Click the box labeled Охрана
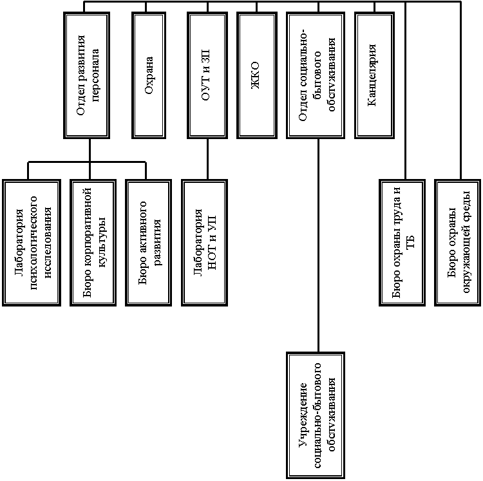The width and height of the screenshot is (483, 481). pyautogui.click(x=149, y=75)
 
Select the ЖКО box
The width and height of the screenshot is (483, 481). pyautogui.click(x=257, y=75)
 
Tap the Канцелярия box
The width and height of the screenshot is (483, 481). pyautogui.click(x=374, y=75)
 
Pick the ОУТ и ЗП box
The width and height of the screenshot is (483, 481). pyautogui.click(x=207, y=75)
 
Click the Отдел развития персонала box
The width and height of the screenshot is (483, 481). pyautogui.click(x=86, y=75)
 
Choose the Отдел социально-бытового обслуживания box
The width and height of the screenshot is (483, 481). pyautogui.click(x=316, y=75)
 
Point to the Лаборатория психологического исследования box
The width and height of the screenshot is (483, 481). pyautogui.click(x=32, y=243)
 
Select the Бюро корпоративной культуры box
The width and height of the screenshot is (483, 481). pyautogui.click(x=93, y=243)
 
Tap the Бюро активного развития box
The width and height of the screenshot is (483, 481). pyautogui.click(x=149, y=243)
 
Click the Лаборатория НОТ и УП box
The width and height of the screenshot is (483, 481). pyautogui.click(x=205, y=243)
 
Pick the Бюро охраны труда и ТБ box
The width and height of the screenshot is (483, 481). pyautogui.click(x=402, y=243)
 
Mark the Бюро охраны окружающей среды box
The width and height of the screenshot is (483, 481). pyautogui.click(x=458, y=243)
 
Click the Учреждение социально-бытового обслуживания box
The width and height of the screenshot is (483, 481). pyautogui.click(x=316, y=415)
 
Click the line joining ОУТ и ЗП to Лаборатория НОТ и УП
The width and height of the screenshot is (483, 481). pyautogui.click(x=207, y=159)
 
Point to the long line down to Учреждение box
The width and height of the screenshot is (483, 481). pyautogui.click(x=319, y=245)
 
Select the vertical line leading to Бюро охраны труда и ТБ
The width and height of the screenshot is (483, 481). pyautogui.click(x=405, y=91)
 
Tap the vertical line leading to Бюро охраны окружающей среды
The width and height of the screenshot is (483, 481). pyautogui.click(x=461, y=91)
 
